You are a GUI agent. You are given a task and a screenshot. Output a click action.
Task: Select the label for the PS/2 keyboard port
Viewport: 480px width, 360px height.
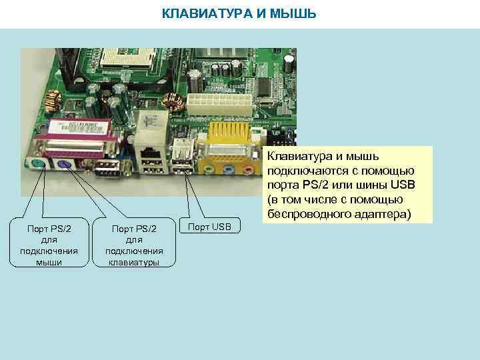click(135, 245)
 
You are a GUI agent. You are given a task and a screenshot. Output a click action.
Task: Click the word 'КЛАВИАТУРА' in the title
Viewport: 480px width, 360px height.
click(200, 13)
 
